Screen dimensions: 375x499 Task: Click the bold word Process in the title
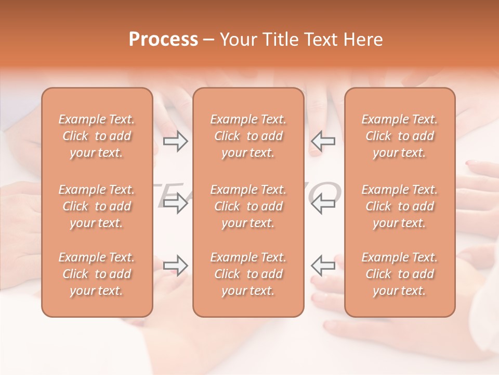click(163, 40)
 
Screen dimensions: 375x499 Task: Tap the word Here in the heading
click(362, 40)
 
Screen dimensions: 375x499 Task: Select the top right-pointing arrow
click(176, 141)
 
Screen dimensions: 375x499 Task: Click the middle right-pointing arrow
click(176, 203)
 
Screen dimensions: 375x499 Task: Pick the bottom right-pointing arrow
click(176, 265)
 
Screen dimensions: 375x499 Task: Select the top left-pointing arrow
click(323, 141)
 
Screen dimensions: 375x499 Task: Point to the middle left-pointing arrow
click(323, 203)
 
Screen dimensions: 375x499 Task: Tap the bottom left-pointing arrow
click(323, 265)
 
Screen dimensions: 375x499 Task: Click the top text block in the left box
click(97, 136)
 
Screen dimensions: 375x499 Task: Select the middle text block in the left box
click(97, 206)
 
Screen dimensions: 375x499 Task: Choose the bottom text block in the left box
click(97, 274)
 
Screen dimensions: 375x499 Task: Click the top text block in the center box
click(248, 136)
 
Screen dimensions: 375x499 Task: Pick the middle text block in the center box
click(248, 206)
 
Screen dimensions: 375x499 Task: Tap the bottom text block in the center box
click(248, 274)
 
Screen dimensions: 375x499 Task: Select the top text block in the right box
click(400, 136)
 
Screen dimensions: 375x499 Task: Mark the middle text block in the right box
click(400, 206)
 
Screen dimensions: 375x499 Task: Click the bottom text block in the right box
click(400, 274)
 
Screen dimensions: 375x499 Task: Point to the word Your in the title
click(237, 40)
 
